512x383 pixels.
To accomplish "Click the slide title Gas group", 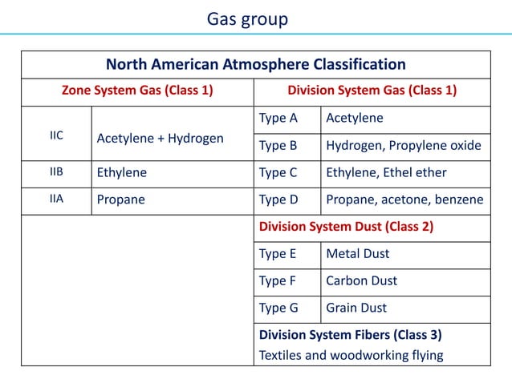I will point(247,18).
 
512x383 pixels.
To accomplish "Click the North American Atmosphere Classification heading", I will point(256,64).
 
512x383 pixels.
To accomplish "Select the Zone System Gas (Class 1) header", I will point(137,91).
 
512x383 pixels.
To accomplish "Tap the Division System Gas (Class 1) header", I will point(372,91).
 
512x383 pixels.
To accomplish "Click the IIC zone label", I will point(57,135).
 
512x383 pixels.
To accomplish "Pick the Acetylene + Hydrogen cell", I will point(160,139).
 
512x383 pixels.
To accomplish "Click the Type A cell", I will point(278,119).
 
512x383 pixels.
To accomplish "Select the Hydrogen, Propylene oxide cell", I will point(404,146).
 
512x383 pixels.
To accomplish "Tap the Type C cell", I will point(278,172).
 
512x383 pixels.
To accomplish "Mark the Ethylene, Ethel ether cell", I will point(386,172).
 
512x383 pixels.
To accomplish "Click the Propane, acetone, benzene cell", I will point(404,200).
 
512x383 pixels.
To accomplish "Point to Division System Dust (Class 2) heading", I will point(346,227).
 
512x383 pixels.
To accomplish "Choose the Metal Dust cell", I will point(357,254).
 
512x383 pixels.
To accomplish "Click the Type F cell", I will point(278,281).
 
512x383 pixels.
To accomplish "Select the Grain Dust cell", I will point(356,308).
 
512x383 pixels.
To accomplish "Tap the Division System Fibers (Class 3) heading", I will point(350,335).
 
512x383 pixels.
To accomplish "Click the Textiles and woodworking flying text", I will point(351,355).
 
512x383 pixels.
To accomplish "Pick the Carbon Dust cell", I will point(361,281).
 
